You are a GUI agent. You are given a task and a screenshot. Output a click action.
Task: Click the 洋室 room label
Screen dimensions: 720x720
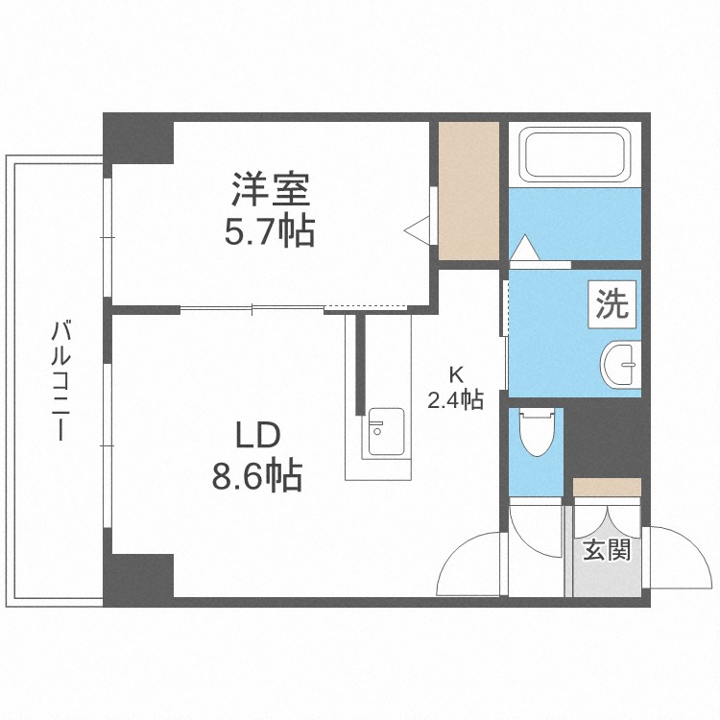pos(270,189)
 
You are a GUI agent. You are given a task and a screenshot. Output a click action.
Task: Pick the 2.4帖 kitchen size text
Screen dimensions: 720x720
pos(454,400)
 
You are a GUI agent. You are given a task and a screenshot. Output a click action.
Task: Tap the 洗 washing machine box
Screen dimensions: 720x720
pos(612,304)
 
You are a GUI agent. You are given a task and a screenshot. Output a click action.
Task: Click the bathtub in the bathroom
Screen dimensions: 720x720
pos(573,155)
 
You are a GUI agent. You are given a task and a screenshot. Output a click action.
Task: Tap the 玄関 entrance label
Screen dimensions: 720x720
pos(607,551)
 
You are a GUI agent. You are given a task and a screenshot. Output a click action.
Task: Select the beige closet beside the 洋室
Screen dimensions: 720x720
pos(468,190)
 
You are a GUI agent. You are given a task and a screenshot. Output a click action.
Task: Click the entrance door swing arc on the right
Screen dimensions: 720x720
pos(676,558)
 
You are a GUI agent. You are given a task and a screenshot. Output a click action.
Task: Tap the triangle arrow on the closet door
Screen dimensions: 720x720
pos(419,228)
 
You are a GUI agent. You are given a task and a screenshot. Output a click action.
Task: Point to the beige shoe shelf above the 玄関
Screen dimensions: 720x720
pos(607,487)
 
